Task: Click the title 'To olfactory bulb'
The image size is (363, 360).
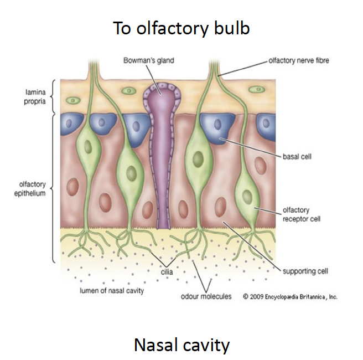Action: pos(181,28)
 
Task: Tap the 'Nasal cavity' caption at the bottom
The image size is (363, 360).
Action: pos(181,345)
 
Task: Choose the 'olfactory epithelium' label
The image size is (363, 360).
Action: pos(26,189)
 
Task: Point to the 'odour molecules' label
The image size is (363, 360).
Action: pos(206,296)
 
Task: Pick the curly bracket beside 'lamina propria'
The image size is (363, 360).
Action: pos(53,96)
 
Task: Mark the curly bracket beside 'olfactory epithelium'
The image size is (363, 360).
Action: pos(53,188)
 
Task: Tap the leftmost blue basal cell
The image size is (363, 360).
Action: pos(72,122)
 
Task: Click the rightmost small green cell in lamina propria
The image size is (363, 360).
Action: pos(256,89)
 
